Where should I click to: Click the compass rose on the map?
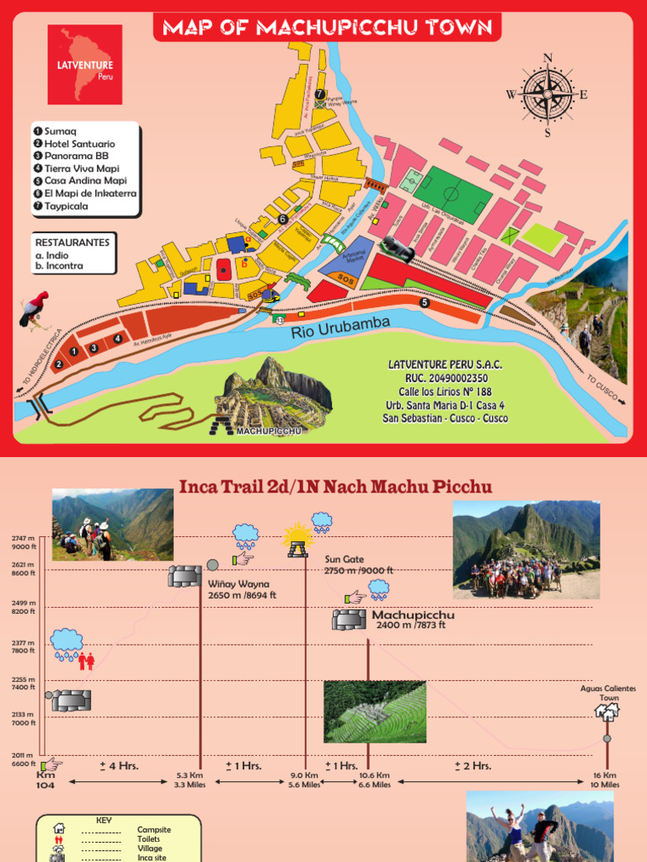(548, 94)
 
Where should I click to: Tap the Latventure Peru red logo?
(85, 64)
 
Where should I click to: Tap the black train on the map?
(398, 248)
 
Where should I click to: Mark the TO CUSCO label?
(601, 388)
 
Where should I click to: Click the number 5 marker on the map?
(425, 302)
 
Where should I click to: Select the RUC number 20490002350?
(445, 378)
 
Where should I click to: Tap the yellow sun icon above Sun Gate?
(297, 535)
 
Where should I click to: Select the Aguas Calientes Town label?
(607, 693)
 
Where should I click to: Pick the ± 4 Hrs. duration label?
(119, 766)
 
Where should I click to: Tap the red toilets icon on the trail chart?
(87, 661)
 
